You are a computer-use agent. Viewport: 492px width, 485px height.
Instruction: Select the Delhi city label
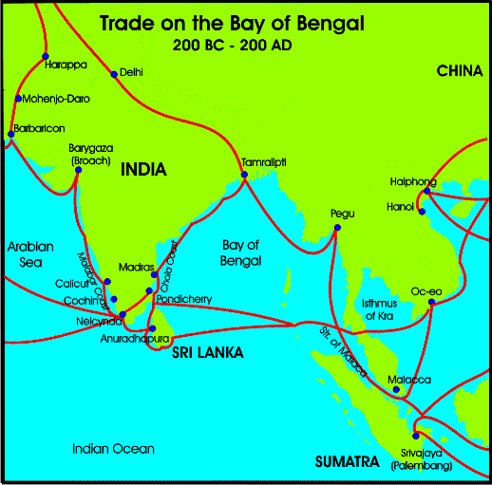(130, 72)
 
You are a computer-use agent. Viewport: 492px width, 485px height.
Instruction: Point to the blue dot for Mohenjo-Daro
(18, 99)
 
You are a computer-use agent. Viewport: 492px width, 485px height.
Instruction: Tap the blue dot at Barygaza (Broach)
(91, 172)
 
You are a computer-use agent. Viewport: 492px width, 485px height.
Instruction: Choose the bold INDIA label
(143, 170)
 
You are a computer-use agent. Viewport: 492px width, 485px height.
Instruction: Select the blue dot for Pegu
(333, 226)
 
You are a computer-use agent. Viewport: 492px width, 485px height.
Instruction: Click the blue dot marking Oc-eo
(432, 303)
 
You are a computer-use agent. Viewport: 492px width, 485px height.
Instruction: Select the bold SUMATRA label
(348, 462)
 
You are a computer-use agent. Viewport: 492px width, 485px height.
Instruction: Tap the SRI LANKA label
(207, 352)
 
